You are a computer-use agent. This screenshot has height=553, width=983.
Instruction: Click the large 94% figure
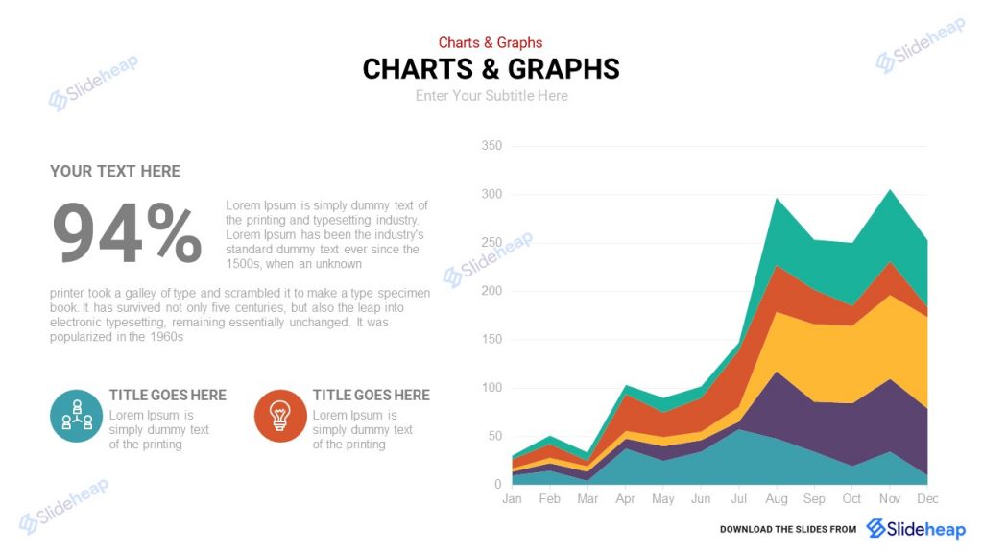pos(126,233)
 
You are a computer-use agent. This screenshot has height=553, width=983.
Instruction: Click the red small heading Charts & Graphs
pos(491,42)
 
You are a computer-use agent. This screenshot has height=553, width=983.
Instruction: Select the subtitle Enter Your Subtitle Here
pos(491,96)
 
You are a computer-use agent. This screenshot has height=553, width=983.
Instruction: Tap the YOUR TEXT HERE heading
pos(115,171)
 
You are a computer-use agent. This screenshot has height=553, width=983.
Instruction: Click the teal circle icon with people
pos(76,416)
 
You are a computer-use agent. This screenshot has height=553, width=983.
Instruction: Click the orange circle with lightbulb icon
pos(280,416)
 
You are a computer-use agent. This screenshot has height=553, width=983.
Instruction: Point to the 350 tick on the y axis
pos(491,146)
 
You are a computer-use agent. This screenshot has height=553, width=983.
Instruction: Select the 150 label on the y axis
pos(491,340)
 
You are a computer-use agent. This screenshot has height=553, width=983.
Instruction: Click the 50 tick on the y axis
pos(494,436)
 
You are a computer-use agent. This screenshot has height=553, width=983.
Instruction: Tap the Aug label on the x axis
pos(776,499)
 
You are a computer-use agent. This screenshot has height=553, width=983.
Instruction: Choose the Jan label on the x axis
pos(512,499)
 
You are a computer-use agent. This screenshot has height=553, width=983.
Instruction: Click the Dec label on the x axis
pos(927,499)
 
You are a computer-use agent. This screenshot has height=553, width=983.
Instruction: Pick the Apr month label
pos(625,499)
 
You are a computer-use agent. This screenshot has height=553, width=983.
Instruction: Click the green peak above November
pos(890,206)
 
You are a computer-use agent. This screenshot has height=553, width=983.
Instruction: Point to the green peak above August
pos(777,216)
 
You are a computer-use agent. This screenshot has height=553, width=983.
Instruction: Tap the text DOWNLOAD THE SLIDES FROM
pos(787,530)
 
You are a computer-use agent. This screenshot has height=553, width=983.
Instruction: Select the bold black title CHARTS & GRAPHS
pos(491,69)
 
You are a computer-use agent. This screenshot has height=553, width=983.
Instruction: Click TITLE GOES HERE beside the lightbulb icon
pos(371,395)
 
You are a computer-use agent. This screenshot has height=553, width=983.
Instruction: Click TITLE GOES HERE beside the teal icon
pos(168,395)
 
